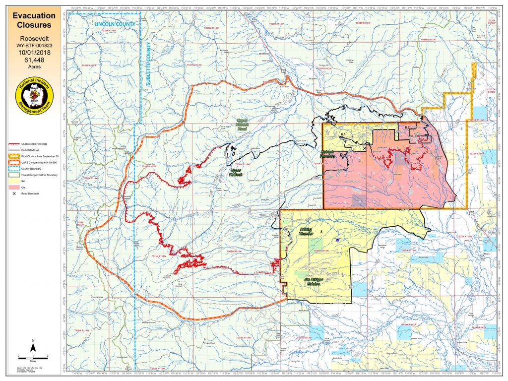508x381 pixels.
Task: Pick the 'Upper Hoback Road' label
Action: (x=243, y=125)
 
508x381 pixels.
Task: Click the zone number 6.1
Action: (x=342, y=134)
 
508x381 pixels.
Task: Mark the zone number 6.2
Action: (x=407, y=128)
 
